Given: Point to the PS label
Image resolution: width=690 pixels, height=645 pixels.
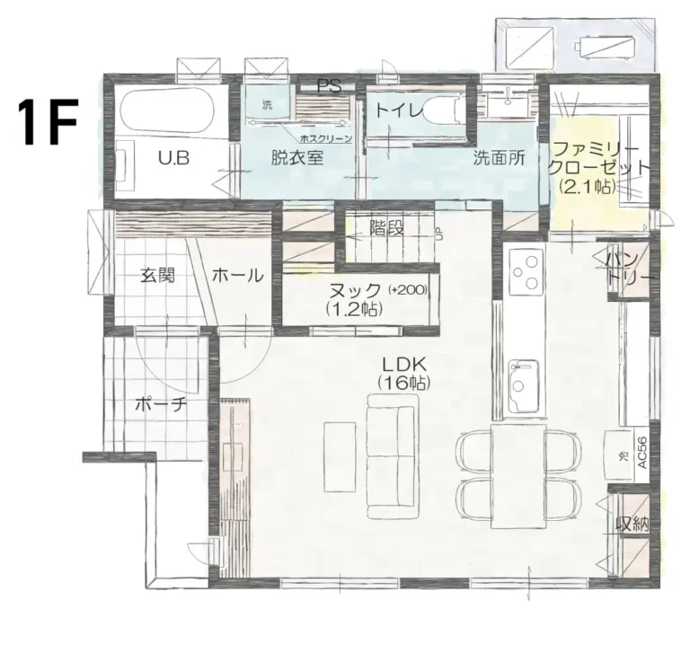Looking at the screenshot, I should [329, 87].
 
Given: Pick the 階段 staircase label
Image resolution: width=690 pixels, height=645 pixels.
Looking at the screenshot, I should [385, 227].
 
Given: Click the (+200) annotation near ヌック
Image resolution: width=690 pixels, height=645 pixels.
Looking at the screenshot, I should [409, 290].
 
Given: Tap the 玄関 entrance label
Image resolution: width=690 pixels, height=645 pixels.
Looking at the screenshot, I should [156, 276].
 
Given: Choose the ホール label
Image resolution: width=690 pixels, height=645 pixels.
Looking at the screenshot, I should [237, 276].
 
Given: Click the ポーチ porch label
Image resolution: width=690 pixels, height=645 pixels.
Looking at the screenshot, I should [160, 404].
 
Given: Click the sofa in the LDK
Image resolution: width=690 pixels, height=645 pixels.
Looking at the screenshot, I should [392, 458].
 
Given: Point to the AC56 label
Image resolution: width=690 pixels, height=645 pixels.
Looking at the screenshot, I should [641, 450].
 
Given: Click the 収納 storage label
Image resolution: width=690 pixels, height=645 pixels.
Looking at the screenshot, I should [632, 525].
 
